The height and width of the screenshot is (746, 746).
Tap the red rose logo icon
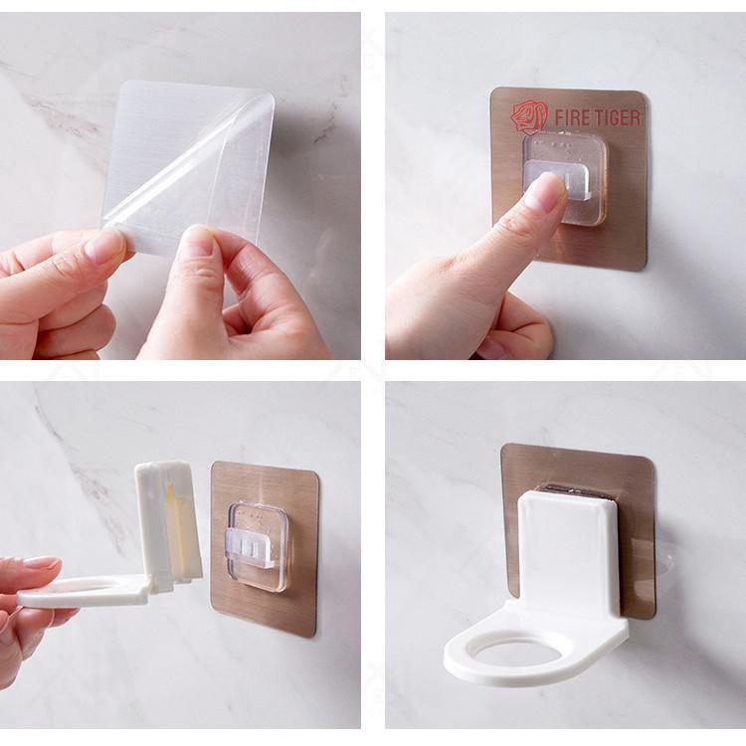[530, 116]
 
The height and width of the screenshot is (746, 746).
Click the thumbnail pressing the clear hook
[548, 190]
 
